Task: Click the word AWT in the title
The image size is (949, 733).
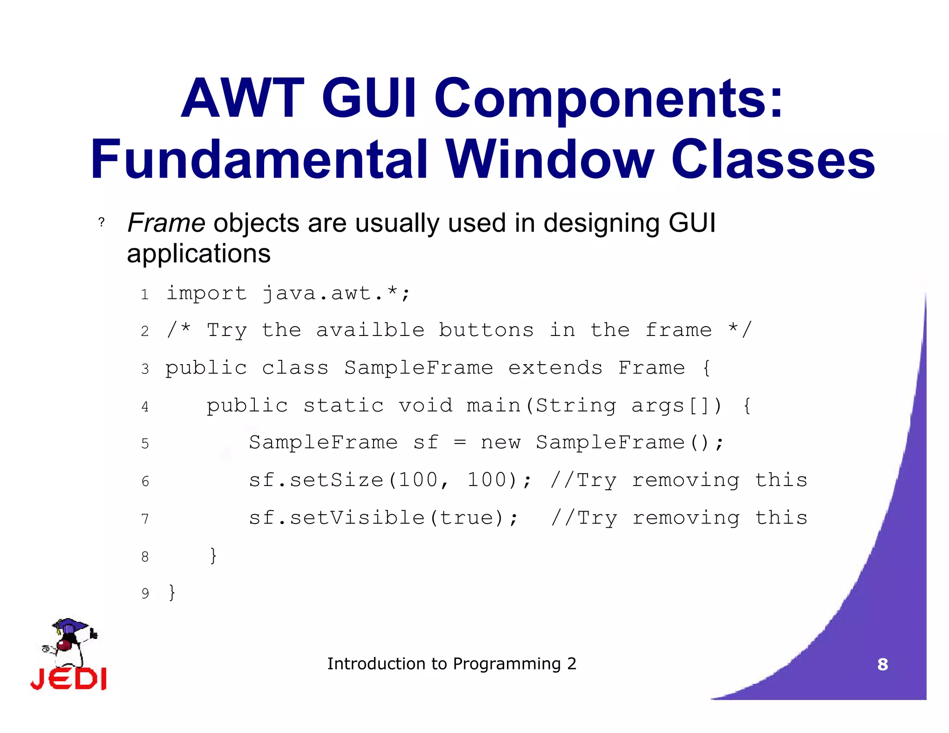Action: click(x=242, y=99)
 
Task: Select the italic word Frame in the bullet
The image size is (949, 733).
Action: click(x=166, y=223)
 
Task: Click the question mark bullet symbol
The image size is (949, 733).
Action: click(x=101, y=222)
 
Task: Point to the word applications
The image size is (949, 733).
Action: click(x=199, y=254)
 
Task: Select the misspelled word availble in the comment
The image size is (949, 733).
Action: click(x=370, y=330)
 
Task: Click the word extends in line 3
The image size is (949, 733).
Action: click(x=555, y=368)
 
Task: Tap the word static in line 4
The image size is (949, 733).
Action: click(x=343, y=406)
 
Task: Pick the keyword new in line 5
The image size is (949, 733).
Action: click(x=500, y=442)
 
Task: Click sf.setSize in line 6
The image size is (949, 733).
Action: click(x=316, y=480)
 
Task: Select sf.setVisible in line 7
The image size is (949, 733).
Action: click(x=336, y=518)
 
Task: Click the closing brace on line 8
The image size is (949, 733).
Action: click(x=213, y=555)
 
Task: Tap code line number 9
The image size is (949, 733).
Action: click(x=145, y=594)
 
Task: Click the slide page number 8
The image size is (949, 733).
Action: click(x=882, y=664)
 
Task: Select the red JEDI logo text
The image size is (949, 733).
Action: click(x=69, y=679)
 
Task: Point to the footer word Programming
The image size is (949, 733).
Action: click(x=507, y=664)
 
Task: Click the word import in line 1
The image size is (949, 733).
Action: click(x=206, y=294)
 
